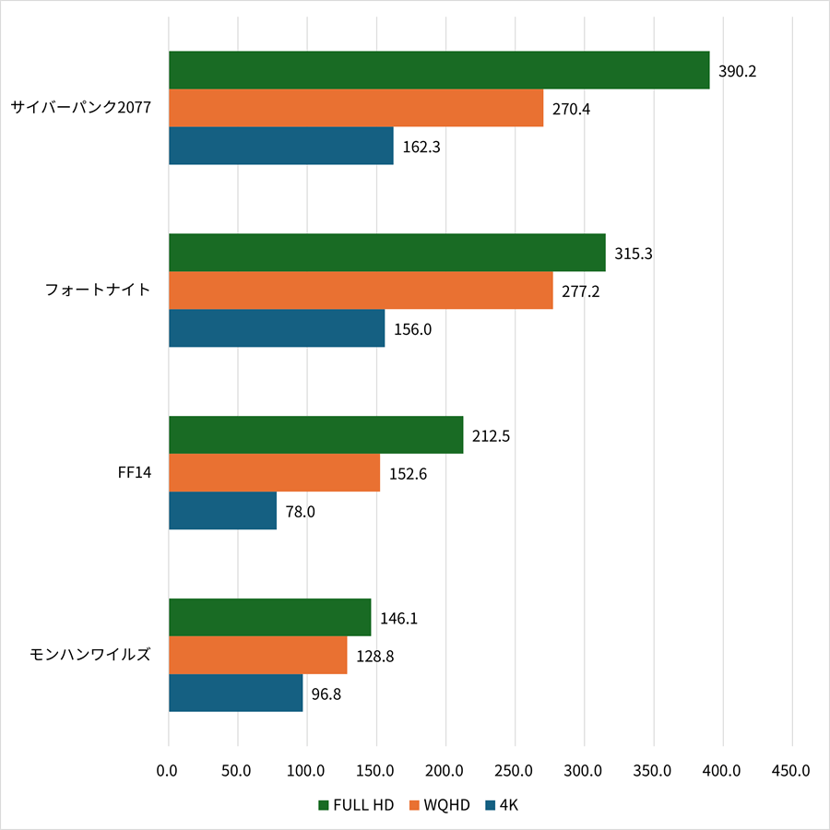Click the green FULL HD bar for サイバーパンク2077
coord(439,70)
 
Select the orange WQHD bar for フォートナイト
coord(361,290)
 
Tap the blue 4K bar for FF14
coord(222,511)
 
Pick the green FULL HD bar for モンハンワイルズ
coord(269,617)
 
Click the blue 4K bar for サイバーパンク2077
coord(281,146)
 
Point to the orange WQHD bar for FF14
coord(274,473)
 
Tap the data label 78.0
coord(300,511)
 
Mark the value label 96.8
coord(326,694)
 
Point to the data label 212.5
coord(491,435)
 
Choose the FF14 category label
coord(135,473)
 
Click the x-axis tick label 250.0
coord(516,770)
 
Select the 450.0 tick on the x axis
coord(792,770)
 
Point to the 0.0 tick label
coord(169,770)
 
